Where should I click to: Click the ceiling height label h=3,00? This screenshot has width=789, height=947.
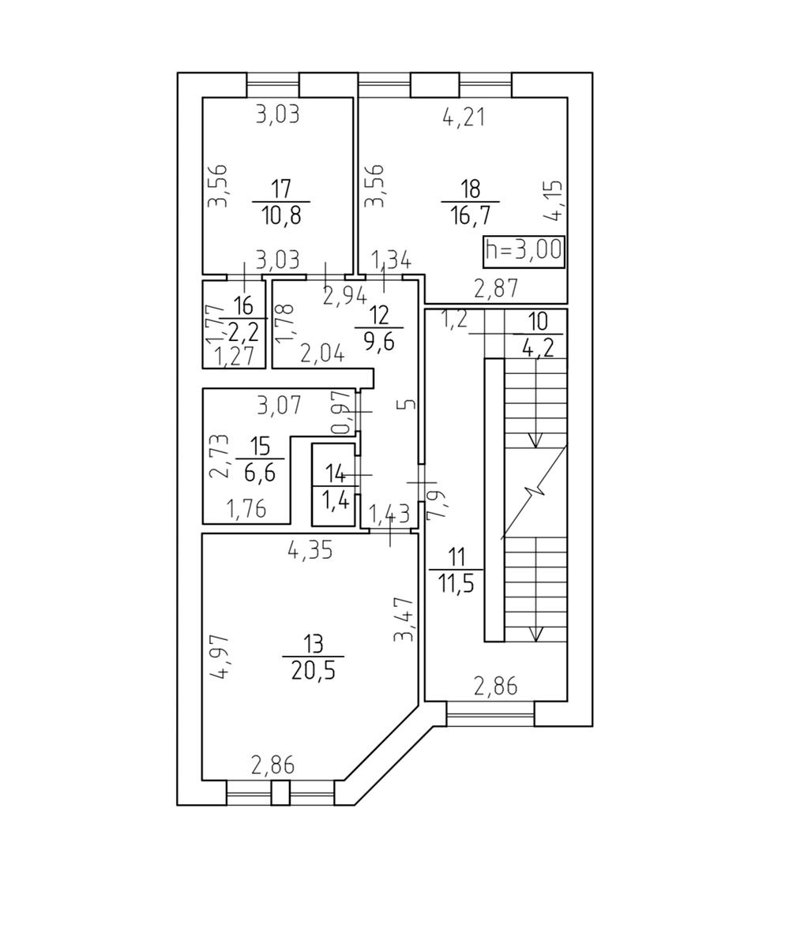coord(524,251)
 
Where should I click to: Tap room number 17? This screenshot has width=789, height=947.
coord(280,189)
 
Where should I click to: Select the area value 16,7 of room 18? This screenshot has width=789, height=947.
coord(470,215)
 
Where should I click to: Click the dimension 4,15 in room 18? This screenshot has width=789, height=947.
coord(554,200)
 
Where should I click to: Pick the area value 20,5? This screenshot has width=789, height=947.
coord(313,670)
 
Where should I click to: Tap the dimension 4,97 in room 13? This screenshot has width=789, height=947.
coord(220,656)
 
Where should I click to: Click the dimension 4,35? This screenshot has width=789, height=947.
coord(310,550)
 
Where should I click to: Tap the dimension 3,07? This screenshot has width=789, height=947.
coord(279,405)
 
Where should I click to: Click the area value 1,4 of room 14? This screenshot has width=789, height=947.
coord(336,500)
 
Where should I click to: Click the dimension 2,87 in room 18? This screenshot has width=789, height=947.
coord(495,289)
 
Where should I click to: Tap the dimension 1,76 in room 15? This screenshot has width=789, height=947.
coord(246,509)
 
